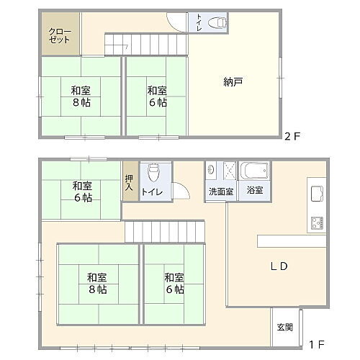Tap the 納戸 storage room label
point(233,81)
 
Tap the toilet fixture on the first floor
point(153,173)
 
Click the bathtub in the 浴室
point(253,172)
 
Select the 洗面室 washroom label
point(220,192)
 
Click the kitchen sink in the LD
point(316,192)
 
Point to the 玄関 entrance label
point(284,328)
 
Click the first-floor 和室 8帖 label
point(97,283)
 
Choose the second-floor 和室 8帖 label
point(80,96)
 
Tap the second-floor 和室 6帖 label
point(157,96)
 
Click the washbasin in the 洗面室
point(212,171)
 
